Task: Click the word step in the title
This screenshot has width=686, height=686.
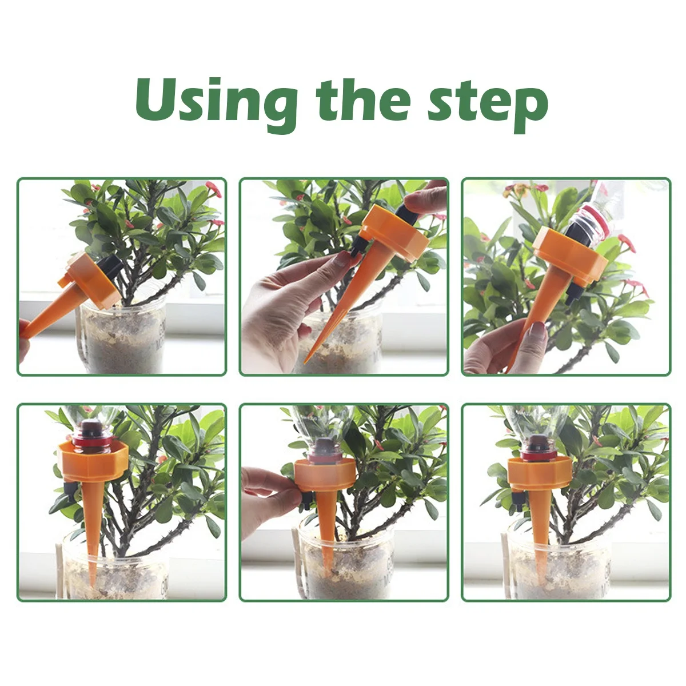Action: tap(488, 106)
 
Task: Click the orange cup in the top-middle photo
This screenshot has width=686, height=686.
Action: tap(395, 233)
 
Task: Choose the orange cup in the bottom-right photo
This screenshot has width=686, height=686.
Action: tap(540, 472)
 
